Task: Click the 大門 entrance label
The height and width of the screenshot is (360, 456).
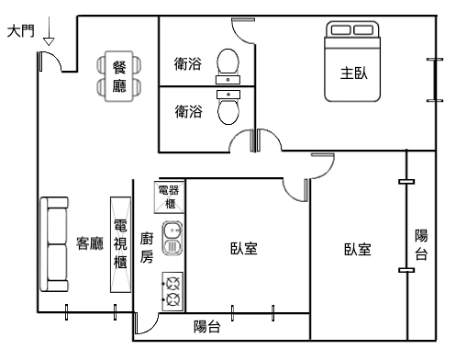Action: tap(20, 31)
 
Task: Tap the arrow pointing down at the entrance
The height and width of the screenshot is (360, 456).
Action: tap(49, 31)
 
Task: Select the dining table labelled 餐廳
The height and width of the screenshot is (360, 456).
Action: tap(119, 76)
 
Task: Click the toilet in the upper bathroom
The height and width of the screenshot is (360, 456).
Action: tap(228, 62)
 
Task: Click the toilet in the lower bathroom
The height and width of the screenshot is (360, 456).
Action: tap(228, 112)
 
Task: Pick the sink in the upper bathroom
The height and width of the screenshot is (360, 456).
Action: tap(228, 80)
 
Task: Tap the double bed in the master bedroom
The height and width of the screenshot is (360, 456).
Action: tap(352, 62)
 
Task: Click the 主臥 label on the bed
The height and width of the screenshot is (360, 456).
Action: tap(354, 73)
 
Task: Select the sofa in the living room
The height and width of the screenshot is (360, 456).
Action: tap(54, 244)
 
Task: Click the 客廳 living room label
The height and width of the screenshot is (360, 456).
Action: tap(90, 243)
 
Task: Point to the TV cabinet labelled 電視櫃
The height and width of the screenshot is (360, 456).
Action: tap(120, 244)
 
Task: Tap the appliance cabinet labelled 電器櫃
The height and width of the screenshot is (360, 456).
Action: tap(170, 197)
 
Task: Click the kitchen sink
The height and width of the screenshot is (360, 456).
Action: tap(172, 239)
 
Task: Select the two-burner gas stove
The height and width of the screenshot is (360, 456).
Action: tap(172, 291)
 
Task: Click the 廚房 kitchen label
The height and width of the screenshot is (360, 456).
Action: tap(147, 248)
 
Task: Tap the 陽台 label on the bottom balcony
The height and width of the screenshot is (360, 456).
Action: tap(207, 326)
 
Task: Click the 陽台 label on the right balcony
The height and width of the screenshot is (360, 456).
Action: tap(421, 244)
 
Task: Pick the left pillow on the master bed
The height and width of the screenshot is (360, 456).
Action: tap(340, 30)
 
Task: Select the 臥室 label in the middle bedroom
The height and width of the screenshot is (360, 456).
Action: tap(244, 248)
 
